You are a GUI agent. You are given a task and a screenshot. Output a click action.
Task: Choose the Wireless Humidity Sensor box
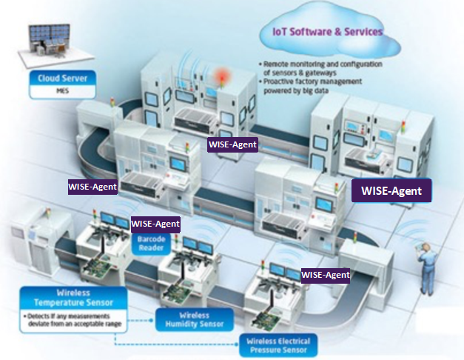click(195, 319)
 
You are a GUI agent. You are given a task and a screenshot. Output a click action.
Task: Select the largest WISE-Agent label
click(391, 190)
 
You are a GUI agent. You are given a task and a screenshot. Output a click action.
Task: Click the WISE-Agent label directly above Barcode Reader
click(155, 223)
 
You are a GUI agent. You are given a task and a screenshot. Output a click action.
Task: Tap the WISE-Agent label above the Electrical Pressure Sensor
click(326, 274)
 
